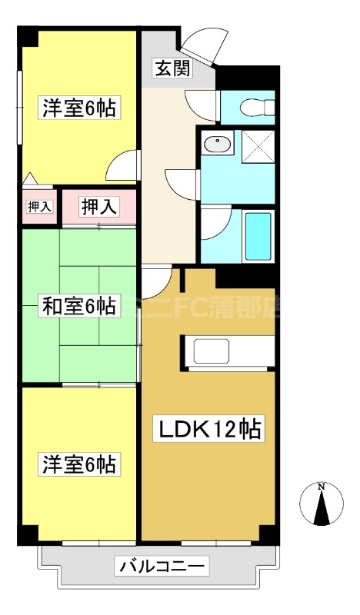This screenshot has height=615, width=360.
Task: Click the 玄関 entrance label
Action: [x=165, y=69]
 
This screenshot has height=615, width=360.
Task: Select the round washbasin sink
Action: [x=219, y=143]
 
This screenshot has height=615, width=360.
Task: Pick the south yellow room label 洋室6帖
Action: [x=79, y=464]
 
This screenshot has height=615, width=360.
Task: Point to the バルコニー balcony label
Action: [x=162, y=567]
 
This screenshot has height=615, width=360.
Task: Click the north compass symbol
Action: [x=321, y=504]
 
